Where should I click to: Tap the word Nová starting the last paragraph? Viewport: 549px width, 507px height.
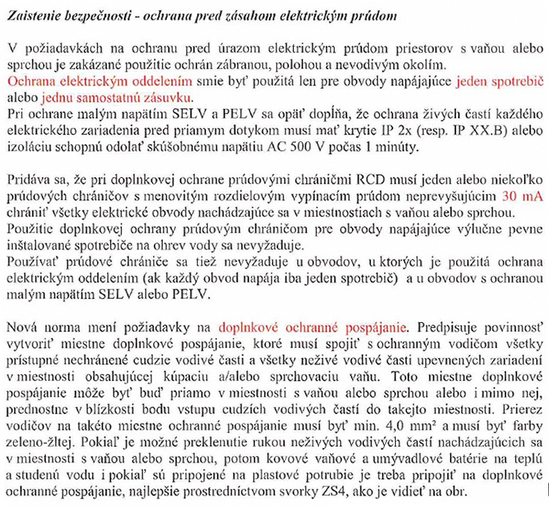(x=24, y=326)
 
